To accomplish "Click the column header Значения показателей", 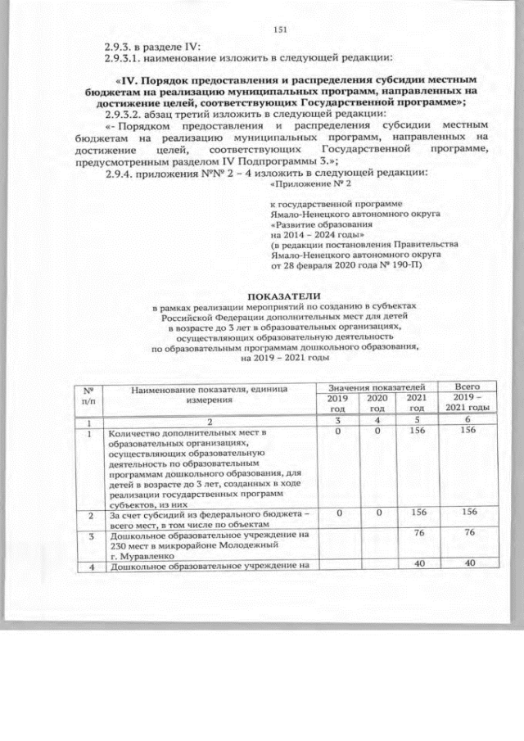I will (x=376, y=385).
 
